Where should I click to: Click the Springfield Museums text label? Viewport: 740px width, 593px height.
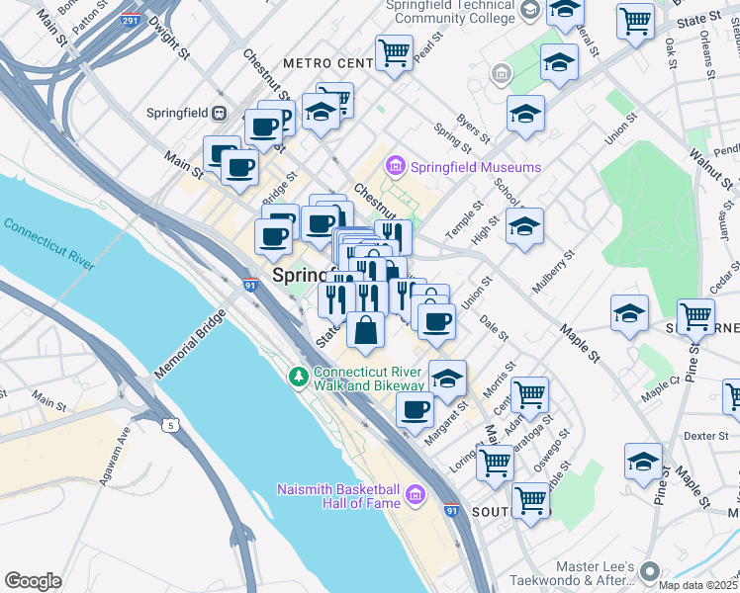476,167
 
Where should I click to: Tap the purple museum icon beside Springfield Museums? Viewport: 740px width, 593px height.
397,166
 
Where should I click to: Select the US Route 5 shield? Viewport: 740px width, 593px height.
172,426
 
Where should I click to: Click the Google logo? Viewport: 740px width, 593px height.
33,581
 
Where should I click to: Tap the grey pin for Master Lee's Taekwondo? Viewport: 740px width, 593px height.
649,570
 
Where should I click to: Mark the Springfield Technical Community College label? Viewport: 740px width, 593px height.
454,11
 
